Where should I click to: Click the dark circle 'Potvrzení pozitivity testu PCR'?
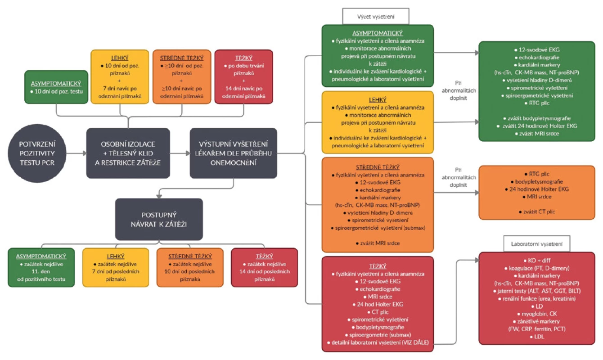point(37,153)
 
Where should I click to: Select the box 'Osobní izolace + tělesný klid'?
point(128,153)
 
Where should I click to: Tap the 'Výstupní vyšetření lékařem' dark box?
point(234,153)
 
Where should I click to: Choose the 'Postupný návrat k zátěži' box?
point(159,219)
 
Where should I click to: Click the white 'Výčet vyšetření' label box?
point(376,16)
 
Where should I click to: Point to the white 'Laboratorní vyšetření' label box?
point(537,244)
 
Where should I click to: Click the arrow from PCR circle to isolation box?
point(76,153)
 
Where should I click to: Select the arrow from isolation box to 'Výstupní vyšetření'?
point(180,153)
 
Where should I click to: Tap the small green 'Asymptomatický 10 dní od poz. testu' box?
point(56,87)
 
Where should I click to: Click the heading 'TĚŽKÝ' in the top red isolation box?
point(243,58)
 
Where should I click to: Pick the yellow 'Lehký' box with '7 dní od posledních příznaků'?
point(116,267)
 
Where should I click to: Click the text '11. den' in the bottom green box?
point(41,271)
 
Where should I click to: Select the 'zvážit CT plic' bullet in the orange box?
point(537,211)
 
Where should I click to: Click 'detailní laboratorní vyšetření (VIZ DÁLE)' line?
point(378,342)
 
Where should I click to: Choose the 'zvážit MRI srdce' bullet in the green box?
point(537,134)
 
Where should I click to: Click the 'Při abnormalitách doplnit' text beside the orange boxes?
point(459,177)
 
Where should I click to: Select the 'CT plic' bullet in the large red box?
point(378,312)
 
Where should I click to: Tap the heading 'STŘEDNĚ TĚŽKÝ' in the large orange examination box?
point(378,167)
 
